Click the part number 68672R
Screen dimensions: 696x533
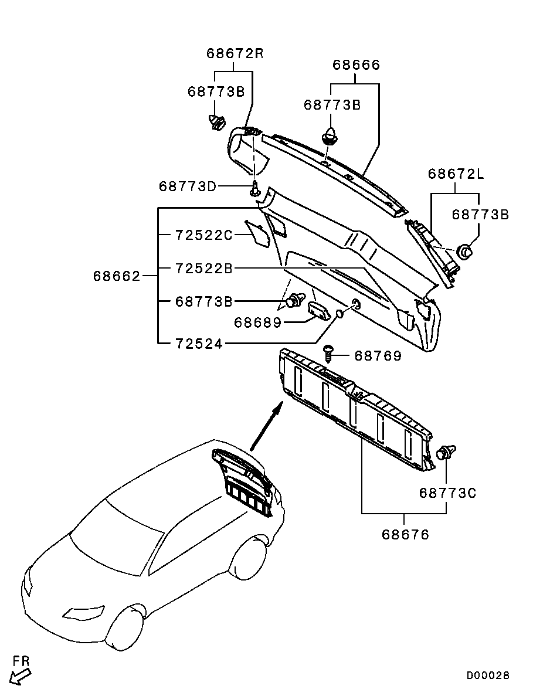click(x=235, y=53)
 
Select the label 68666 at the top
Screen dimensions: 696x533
click(x=357, y=65)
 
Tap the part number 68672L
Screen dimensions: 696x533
click(x=456, y=174)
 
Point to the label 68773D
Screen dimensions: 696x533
click(x=188, y=186)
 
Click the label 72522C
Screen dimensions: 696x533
click(x=204, y=235)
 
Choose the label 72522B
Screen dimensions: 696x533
click(x=204, y=269)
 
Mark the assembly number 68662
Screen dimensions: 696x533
click(x=117, y=276)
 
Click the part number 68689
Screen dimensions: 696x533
click(x=258, y=322)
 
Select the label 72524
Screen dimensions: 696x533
click(x=199, y=344)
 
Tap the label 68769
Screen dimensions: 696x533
click(x=378, y=357)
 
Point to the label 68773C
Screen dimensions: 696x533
click(x=447, y=493)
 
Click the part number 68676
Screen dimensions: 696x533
click(x=405, y=534)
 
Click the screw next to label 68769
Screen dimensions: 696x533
click(x=330, y=354)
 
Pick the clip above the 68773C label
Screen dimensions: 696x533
click(x=446, y=452)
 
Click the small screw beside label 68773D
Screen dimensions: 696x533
click(x=254, y=189)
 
